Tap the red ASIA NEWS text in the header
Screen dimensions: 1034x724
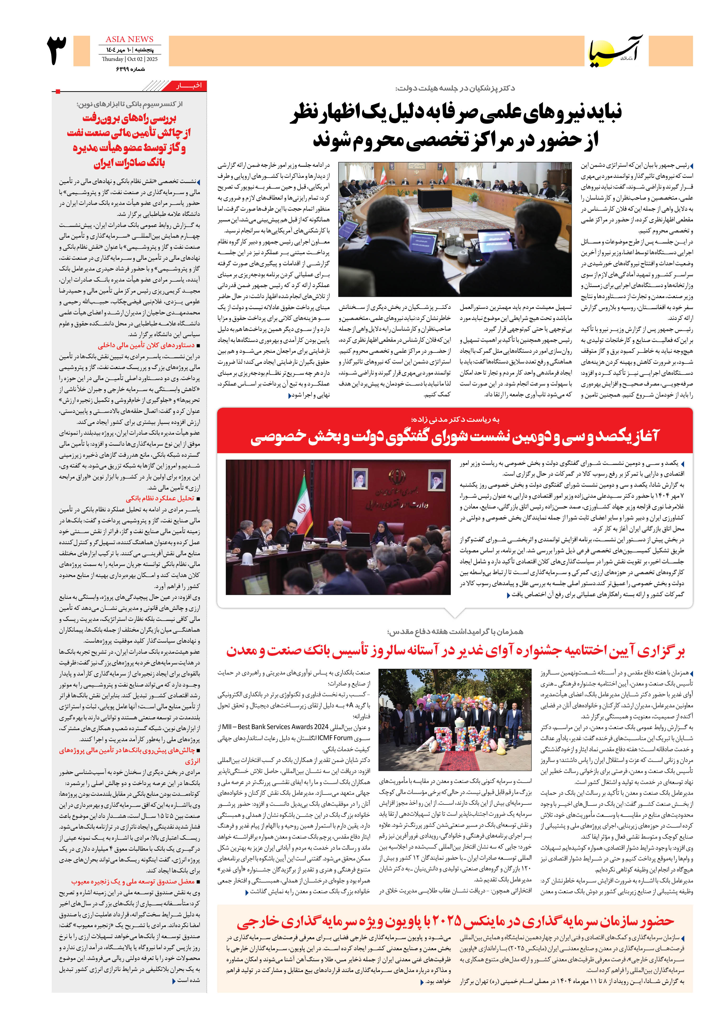pyautogui.click(x=129, y=39)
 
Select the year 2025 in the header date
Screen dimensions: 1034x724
pyautogui.click(x=152, y=59)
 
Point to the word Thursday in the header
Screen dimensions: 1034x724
pyautogui.click(x=113, y=59)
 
